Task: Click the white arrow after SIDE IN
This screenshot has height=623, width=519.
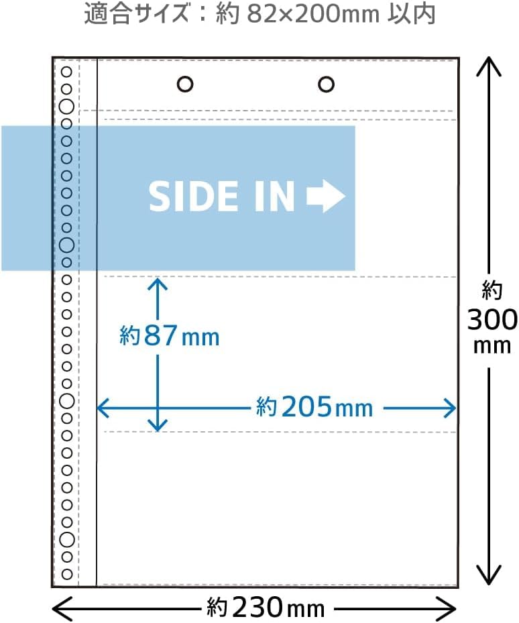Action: click(x=326, y=196)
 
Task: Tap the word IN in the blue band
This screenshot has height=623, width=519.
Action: click(x=274, y=196)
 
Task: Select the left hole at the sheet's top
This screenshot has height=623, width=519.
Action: click(x=185, y=84)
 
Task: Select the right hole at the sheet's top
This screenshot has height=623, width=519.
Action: click(x=326, y=84)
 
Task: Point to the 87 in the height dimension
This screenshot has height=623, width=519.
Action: click(x=160, y=335)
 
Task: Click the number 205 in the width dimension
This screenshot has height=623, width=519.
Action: click(x=306, y=407)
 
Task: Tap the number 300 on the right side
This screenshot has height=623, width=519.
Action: click(x=492, y=319)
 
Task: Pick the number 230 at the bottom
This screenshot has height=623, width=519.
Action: click(x=257, y=608)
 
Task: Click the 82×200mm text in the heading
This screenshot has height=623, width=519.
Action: click(x=312, y=14)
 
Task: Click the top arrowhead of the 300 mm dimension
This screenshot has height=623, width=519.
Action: click(x=489, y=66)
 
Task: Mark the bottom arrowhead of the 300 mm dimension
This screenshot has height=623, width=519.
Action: click(x=489, y=575)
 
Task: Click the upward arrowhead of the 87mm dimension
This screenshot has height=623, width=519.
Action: click(x=158, y=286)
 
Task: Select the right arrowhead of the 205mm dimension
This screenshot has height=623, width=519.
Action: click(x=447, y=408)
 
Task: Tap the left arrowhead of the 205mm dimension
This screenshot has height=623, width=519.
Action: click(x=105, y=408)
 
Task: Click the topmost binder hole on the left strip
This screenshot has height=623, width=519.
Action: click(x=66, y=72)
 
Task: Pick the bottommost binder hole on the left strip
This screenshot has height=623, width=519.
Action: click(x=67, y=574)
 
